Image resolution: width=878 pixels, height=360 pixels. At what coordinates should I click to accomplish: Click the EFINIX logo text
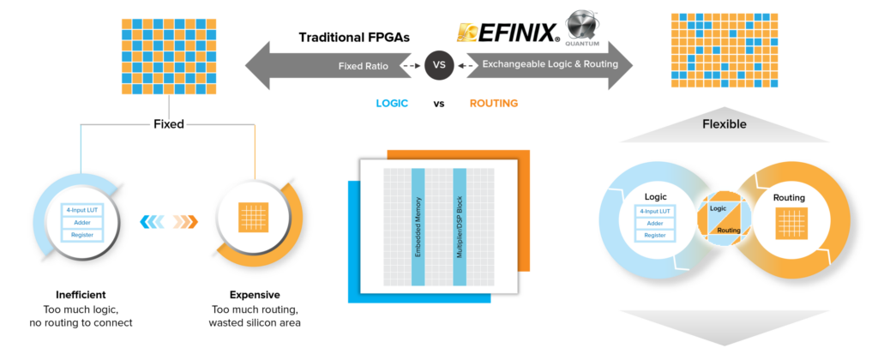(508, 33)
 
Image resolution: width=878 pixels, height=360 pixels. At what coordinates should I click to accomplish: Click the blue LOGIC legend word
(392, 104)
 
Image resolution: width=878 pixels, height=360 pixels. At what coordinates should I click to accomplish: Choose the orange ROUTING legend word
(494, 104)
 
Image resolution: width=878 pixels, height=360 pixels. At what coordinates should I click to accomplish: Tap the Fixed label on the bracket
(168, 124)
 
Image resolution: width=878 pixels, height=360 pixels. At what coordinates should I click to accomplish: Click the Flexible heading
(725, 124)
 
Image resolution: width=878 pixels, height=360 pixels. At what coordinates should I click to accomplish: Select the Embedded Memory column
(418, 226)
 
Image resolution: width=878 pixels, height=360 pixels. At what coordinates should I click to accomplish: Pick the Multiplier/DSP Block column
(460, 226)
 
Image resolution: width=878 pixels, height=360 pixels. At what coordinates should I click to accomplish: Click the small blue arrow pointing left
(151, 222)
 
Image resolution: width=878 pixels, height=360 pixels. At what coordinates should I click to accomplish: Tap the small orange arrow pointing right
(184, 222)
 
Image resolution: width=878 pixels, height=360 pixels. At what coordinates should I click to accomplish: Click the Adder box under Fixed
(83, 222)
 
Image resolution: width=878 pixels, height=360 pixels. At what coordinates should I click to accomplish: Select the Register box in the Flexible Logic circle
(655, 234)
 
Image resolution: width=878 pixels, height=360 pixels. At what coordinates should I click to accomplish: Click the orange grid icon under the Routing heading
(789, 224)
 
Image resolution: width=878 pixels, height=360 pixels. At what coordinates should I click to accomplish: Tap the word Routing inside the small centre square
(729, 230)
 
